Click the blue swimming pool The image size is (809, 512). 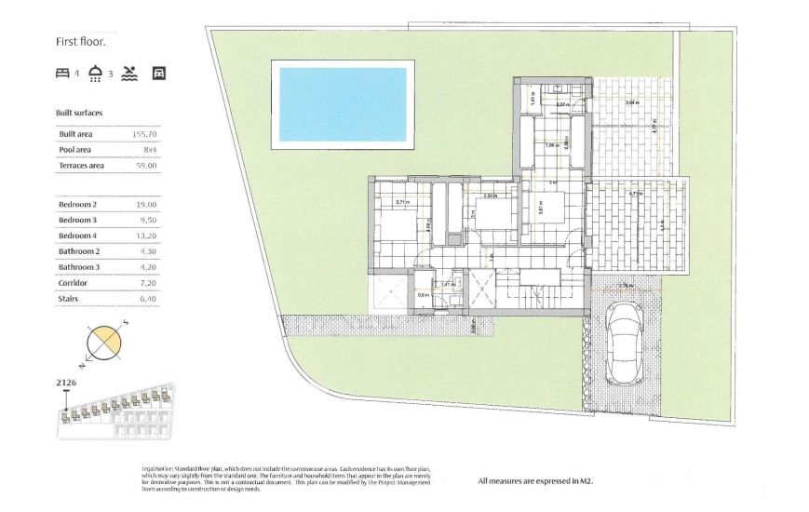pyautogui.click(x=341, y=103)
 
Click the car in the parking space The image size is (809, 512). pyautogui.click(x=623, y=344)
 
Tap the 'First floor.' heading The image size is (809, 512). pyautogui.click(x=81, y=41)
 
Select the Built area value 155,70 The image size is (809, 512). pyautogui.click(x=145, y=135)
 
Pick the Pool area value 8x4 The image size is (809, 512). pyautogui.click(x=149, y=150)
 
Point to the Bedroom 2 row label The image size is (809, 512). pyautogui.click(x=78, y=204)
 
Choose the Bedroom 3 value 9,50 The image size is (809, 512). pyautogui.click(x=148, y=220)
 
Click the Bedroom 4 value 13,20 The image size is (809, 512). pyautogui.click(x=146, y=236)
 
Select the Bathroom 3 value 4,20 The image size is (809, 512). pyautogui.click(x=148, y=267)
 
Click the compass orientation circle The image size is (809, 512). pyautogui.click(x=104, y=343)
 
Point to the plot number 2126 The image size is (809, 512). pyautogui.click(x=67, y=383)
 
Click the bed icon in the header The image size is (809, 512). pyautogui.click(x=63, y=73)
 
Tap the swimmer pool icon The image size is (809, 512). pyautogui.click(x=129, y=73)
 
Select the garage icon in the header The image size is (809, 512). pyautogui.click(x=158, y=73)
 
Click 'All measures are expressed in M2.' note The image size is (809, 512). pyautogui.click(x=535, y=481)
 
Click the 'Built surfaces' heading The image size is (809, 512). pyautogui.click(x=79, y=113)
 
